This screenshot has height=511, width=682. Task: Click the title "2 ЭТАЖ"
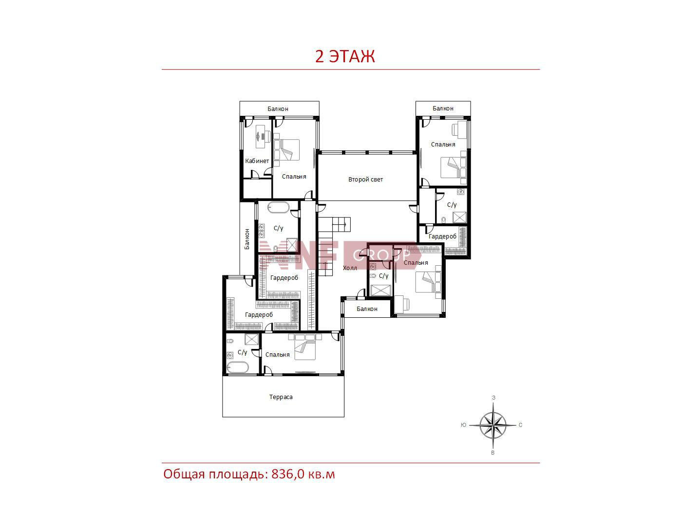tap(344, 56)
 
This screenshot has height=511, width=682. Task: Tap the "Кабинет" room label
tap(257, 161)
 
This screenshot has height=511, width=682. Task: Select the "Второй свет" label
tap(365, 179)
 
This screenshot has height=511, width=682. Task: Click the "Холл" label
tap(350, 268)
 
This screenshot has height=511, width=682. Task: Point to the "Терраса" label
tap(281, 397)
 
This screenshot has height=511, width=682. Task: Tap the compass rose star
tap(493, 425)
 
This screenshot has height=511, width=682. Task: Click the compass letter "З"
tap(493, 398)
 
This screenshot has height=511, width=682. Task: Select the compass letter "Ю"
tap(463, 425)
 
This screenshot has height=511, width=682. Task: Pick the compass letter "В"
tap(493, 453)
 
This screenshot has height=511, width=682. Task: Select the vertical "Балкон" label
tap(247, 239)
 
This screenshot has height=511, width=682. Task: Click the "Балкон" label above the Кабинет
tap(278, 109)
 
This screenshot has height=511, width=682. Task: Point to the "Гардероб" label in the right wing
tap(442, 237)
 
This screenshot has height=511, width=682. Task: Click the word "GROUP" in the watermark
tap(382, 255)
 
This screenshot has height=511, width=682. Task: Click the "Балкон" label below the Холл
tap(367, 309)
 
